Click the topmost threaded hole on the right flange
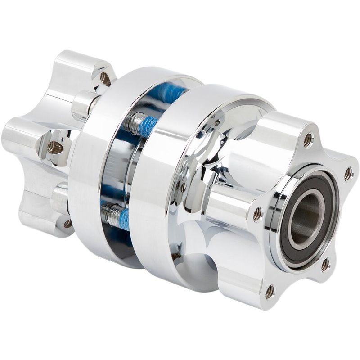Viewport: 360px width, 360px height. tap(308, 140)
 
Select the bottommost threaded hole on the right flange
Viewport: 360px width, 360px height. tap(270, 292)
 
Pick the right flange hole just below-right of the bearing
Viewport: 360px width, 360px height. tap(325, 265)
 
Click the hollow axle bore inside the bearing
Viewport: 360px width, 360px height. tap(308, 214)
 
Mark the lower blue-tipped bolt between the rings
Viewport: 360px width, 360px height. tap(115, 215)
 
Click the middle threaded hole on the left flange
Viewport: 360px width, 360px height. tap(55, 148)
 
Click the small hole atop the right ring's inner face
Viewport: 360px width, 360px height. tap(217, 123)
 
